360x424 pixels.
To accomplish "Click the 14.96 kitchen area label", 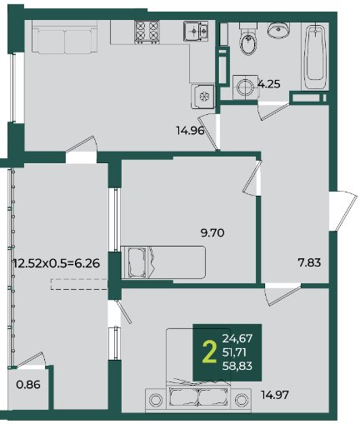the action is point(190,130).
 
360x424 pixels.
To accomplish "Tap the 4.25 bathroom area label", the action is point(269,84).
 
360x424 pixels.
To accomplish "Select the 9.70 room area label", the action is point(212,232).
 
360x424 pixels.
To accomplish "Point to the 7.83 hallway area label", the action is point(309,262).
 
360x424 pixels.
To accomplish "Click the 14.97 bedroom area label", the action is point(275,395).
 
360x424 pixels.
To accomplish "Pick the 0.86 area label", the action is point(28,385).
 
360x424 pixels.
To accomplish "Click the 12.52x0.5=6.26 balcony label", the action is point(57,263).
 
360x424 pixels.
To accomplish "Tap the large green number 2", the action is point(209,352).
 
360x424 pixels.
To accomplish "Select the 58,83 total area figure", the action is point(237,366).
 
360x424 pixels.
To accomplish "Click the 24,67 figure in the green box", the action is point(237,338).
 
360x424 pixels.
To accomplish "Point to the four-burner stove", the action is point(147,32).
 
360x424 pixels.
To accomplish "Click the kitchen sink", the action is point(196,31).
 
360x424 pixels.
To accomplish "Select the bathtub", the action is point(315,57).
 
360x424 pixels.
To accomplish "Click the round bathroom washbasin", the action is point(278,30).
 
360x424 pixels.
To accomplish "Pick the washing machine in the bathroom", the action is point(246,87).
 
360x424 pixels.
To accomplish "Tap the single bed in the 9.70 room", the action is point(163,262).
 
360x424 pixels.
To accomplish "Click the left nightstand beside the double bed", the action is point(156,400).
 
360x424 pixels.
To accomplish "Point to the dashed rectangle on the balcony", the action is point(79,284).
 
